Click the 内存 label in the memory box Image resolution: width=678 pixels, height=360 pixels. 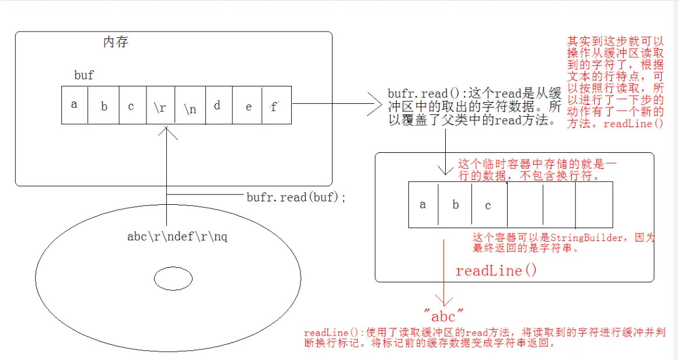[x=116, y=43]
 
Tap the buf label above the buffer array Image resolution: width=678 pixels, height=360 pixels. [x=84, y=75]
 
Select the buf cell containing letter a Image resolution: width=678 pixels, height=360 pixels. [x=74, y=105]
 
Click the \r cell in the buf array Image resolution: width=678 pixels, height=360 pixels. [x=160, y=106]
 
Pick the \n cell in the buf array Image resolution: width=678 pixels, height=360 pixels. [x=190, y=106]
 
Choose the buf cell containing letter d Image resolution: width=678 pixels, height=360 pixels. [x=217, y=106]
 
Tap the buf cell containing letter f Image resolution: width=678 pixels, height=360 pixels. [x=274, y=107]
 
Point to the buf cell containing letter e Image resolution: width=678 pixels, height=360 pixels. [x=249, y=106]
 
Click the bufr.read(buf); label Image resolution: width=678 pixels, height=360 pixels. [x=296, y=197]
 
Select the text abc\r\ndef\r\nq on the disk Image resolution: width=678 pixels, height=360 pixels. [x=177, y=237]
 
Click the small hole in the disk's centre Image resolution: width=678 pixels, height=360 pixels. [x=173, y=280]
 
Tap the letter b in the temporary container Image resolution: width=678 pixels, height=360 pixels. [x=456, y=205]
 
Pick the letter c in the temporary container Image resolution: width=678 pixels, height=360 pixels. [x=488, y=205]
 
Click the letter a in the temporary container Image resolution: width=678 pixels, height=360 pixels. [x=423, y=205]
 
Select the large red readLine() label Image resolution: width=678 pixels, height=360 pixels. [x=496, y=271]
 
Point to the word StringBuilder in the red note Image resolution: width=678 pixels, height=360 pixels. [x=590, y=237]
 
